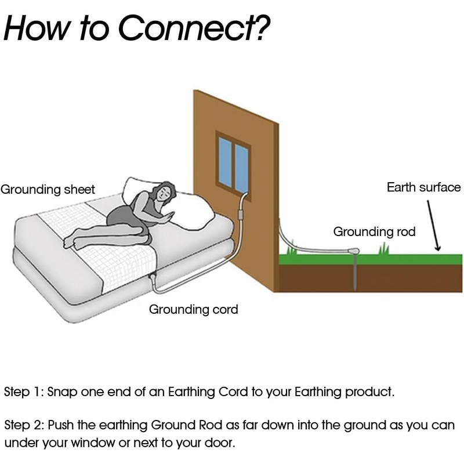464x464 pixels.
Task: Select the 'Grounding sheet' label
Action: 48,190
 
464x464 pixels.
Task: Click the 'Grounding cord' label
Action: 194,309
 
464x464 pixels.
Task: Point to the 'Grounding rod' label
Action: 374,232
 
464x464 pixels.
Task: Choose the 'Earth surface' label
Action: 423,187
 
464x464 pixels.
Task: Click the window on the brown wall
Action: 233,161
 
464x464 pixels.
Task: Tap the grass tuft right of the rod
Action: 383,249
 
